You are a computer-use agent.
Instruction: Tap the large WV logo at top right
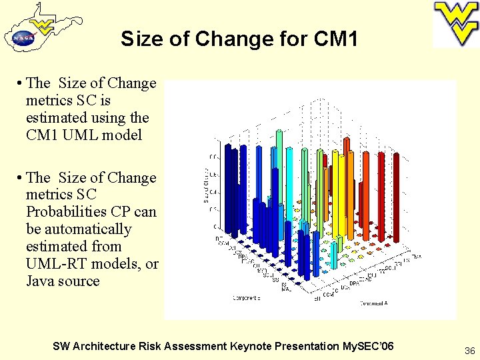[456, 23]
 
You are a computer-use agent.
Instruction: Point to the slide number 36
[469, 350]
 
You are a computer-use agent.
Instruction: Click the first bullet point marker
[21, 83]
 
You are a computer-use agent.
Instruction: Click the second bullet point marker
[21, 178]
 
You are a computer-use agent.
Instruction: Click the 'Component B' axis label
[247, 298]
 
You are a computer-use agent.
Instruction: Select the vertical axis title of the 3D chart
[206, 186]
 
